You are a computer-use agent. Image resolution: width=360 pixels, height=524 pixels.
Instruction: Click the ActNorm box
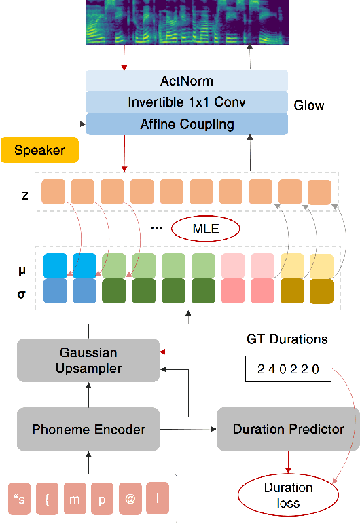[x=187, y=81]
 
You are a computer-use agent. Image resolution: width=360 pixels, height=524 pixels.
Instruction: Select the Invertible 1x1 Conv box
[x=187, y=102]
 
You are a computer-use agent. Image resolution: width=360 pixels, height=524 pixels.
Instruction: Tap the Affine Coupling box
[x=187, y=124]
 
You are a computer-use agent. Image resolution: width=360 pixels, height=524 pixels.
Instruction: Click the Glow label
[x=309, y=105]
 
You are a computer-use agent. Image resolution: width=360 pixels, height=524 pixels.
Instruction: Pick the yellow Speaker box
[x=39, y=150]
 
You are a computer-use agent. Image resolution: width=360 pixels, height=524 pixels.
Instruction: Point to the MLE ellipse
[x=206, y=229]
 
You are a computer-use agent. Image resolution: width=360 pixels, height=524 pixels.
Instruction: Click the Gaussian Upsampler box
[x=88, y=360]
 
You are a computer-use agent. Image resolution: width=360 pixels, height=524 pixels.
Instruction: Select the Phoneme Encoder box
[x=88, y=429]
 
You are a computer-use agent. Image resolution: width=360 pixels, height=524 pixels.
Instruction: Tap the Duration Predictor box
[x=288, y=429]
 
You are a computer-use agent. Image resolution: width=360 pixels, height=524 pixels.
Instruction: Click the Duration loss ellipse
[x=288, y=495]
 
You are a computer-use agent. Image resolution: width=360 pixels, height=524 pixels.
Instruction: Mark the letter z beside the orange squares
[x=25, y=195]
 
